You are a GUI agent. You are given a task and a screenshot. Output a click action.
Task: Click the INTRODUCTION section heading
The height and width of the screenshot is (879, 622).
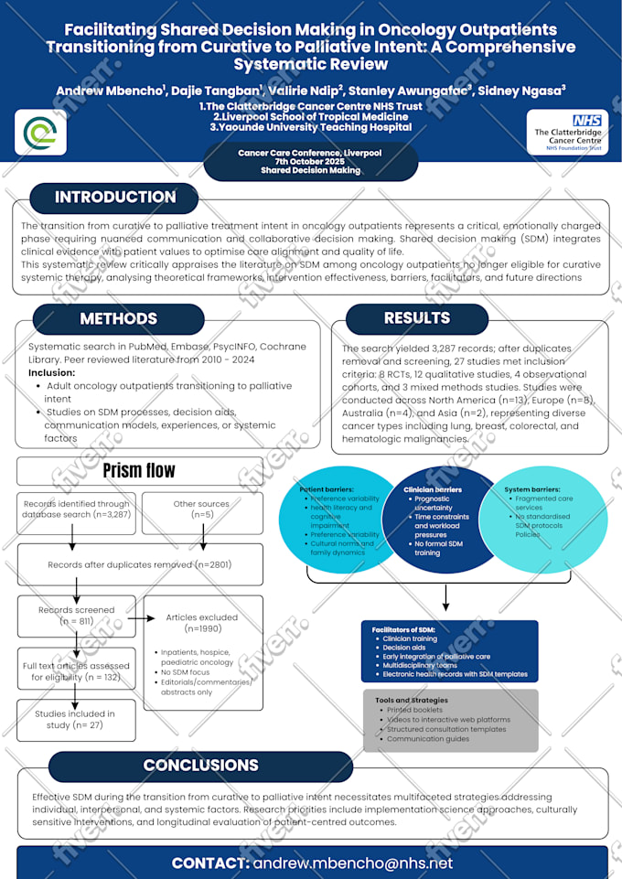coord(115,198)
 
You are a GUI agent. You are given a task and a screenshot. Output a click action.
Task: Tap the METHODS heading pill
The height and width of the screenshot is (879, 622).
coord(118,319)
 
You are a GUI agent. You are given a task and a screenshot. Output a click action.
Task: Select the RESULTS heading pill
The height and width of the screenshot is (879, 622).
coord(417,318)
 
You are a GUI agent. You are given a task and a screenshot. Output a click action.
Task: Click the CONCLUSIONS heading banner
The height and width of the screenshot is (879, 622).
coord(200,766)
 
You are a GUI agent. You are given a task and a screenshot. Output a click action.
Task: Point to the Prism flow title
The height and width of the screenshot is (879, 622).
coord(139,471)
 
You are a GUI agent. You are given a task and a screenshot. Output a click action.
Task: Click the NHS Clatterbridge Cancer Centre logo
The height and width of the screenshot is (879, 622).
coord(567,134)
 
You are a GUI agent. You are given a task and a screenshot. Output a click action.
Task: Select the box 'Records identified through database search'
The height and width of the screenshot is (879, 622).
coord(77,514)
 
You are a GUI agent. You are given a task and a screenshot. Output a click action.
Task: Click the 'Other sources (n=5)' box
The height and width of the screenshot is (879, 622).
coord(201,509)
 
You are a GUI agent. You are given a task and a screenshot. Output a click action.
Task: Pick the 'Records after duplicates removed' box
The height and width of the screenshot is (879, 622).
coord(139,564)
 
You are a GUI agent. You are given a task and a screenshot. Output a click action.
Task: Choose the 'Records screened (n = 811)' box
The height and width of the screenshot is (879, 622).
coord(77,616)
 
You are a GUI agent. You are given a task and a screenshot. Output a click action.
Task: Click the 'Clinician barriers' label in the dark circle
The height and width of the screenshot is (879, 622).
coord(434,489)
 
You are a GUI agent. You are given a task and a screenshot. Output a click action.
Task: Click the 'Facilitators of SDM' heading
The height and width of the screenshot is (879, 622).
coord(404,630)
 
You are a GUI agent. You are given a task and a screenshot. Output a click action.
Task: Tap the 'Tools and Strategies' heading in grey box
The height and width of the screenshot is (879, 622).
coord(411,701)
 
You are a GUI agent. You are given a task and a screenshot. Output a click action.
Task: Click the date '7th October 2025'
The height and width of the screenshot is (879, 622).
coord(310,162)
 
